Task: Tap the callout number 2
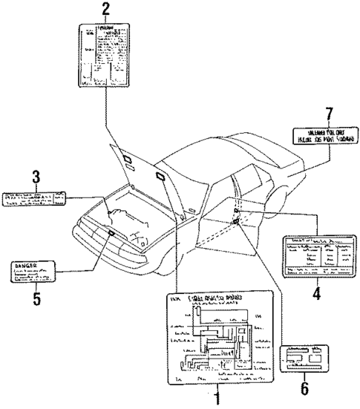pos(105,10)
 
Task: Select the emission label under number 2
pos(105,56)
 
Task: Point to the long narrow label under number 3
pos(34,197)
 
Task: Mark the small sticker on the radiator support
pos(111,232)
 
